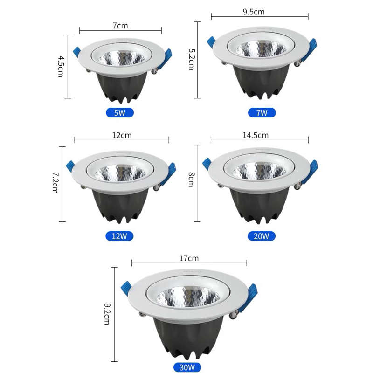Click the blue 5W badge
[x=120, y=112]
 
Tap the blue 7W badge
[x=262, y=112]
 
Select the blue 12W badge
[x=120, y=235]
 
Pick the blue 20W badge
[x=262, y=235]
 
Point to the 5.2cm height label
[x=191, y=59]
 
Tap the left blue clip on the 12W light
[x=70, y=166]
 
